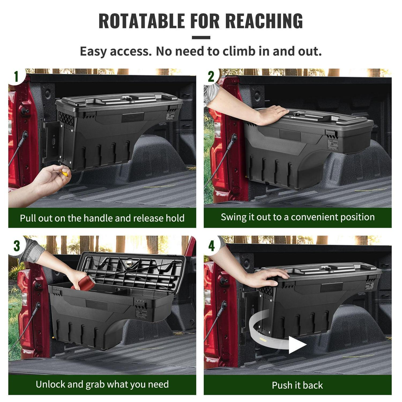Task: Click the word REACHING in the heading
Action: pyautogui.click(x=264, y=21)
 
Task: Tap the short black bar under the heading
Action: pyautogui.click(x=201, y=38)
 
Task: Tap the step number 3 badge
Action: pyautogui.click(x=17, y=245)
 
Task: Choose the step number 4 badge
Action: pyautogui.click(x=211, y=245)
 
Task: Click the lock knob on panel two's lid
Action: pyautogui.click(x=296, y=114)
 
